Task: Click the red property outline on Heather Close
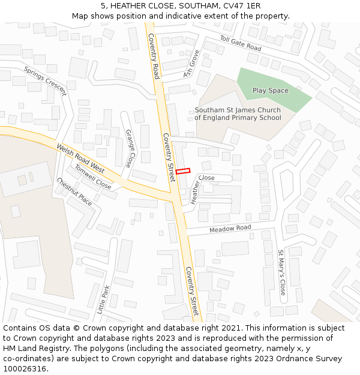click(x=182, y=171)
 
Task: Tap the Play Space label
click(x=270, y=91)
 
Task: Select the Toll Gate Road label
click(x=241, y=43)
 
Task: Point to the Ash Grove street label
click(x=192, y=64)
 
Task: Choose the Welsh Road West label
click(x=80, y=158)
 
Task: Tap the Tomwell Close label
click(x=92, y=177)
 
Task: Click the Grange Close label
click(x=129, y=148)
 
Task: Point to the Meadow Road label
click(x=230, y=229)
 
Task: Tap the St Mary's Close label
click(x=281, y=272)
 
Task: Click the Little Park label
click(x=103, y=299)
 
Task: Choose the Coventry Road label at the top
click(x=153, y=56)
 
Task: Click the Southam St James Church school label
click(x=238, y=114)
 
